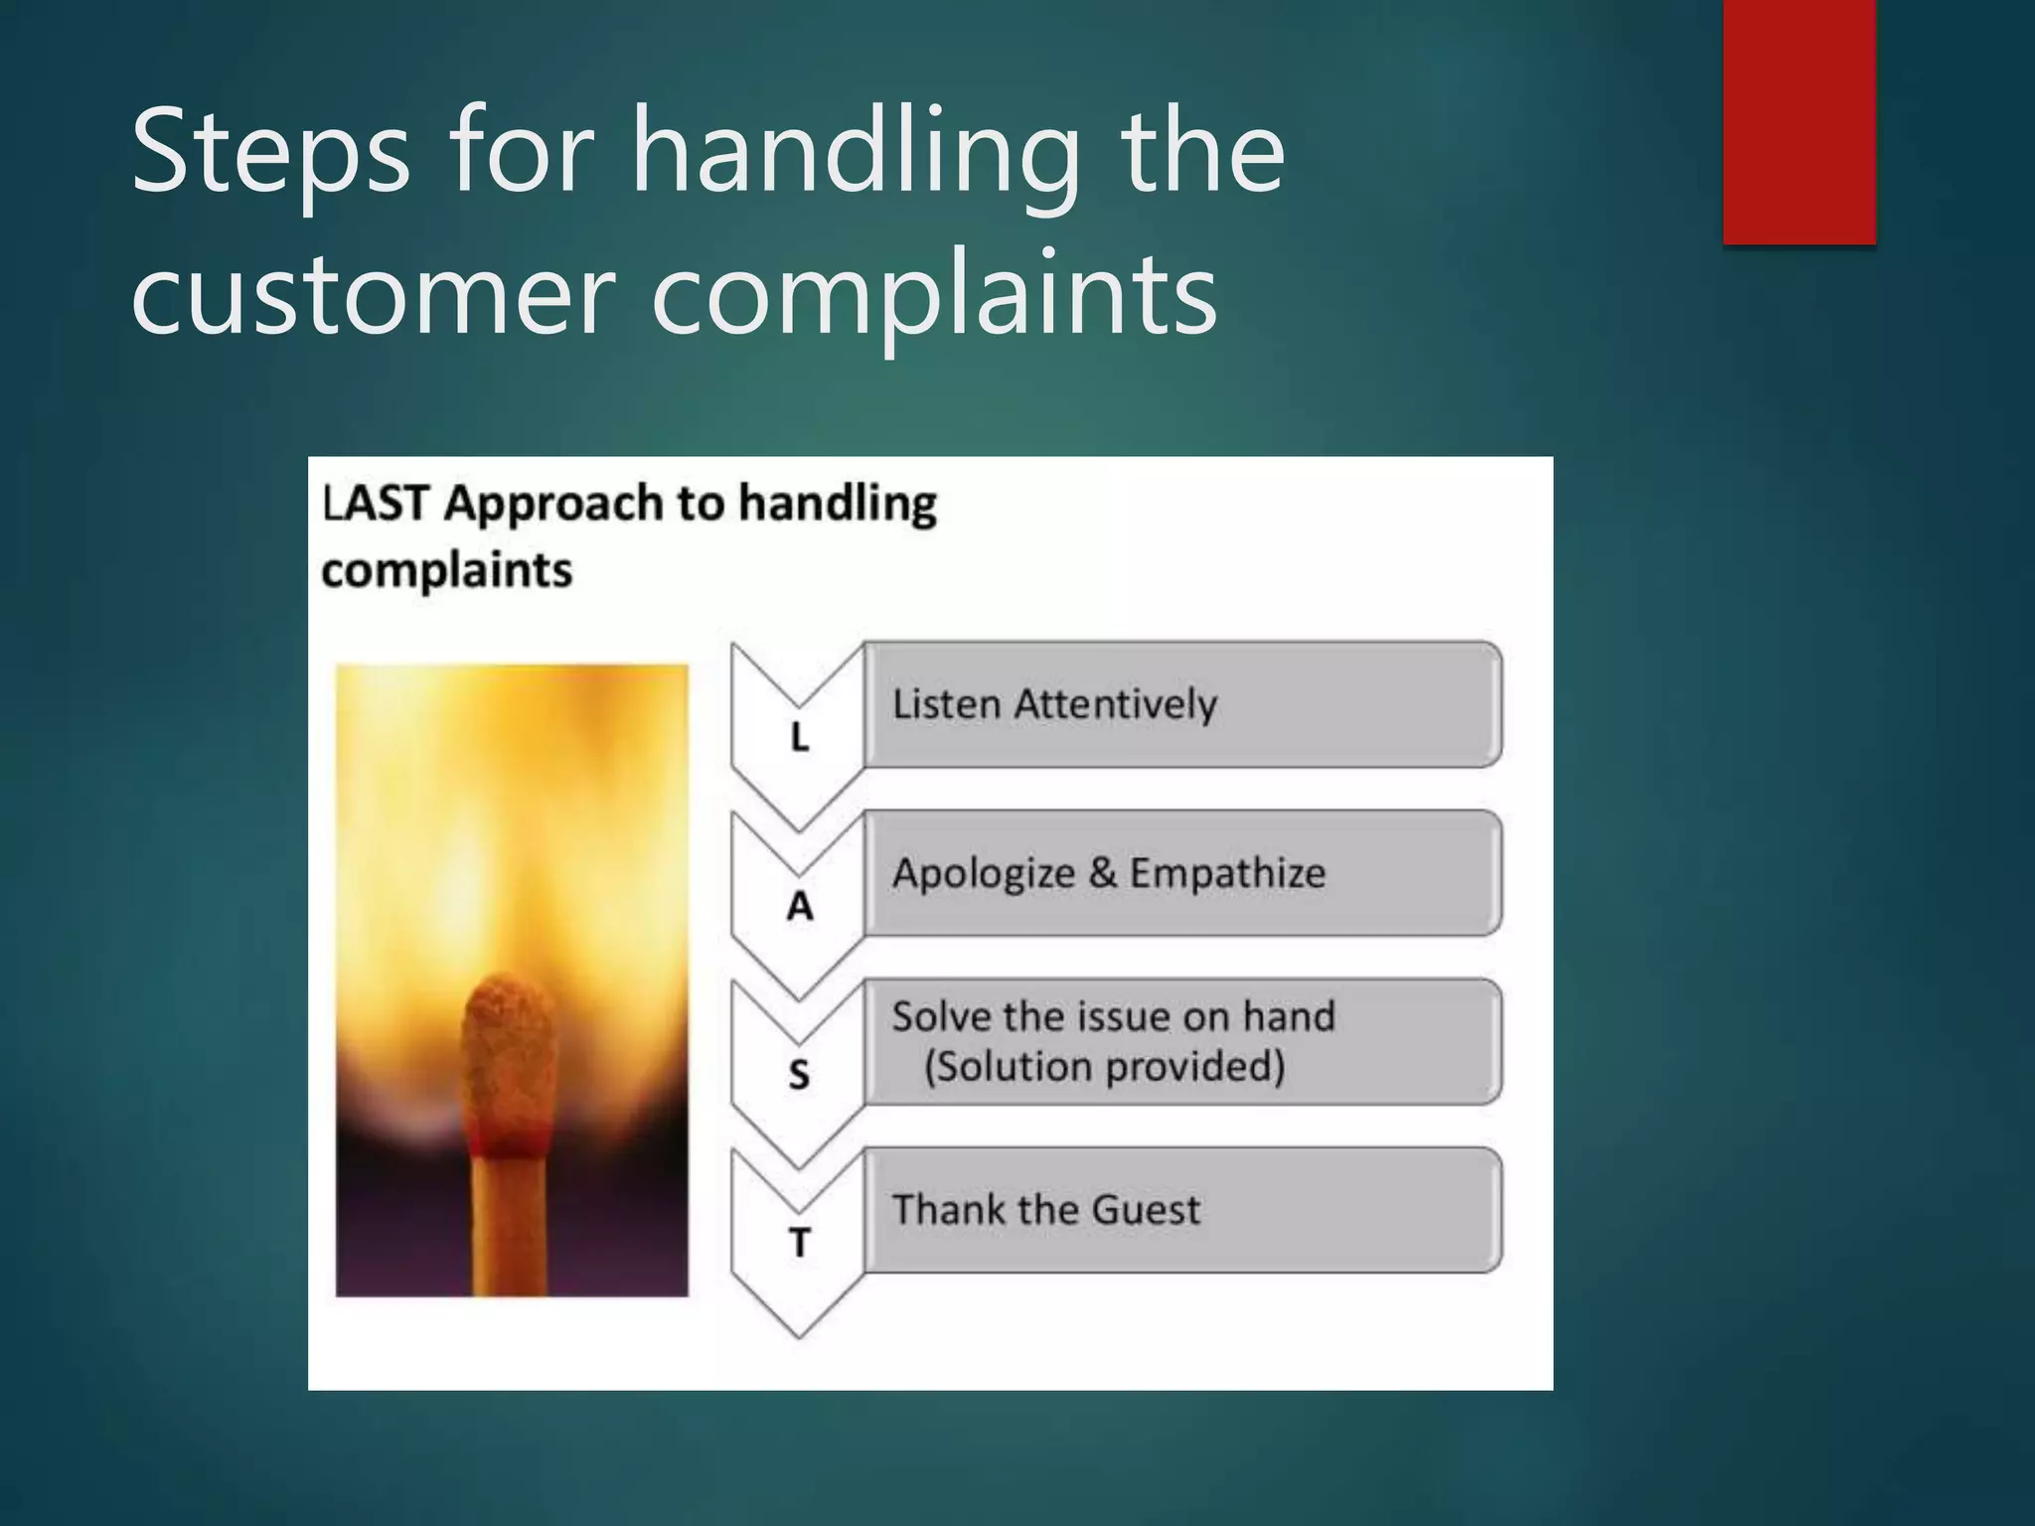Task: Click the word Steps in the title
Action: pyautogui.click(x=269, y=154)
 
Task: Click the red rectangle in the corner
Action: pyautogui.click(x=1799, y=119)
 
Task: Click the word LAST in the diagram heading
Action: pyautogui.click(x=376, y=503)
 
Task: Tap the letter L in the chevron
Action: pyautogui.click(x=799, y=737)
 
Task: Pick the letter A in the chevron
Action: pyautogui.click(x=799, y=906)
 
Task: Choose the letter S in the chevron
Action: pyautogui.click(x=799, y=1075)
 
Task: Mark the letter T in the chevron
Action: pyautogui.click(x=799, y=1243)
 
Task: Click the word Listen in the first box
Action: pyautogui.click(x=946, y=704)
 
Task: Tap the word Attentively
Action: pyautogui.click(x=1116, y=704)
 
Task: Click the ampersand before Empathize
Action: pyautogui.click(x=1102, y=873)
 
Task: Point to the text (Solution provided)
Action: pyautogui.click(x=1104, y=1067)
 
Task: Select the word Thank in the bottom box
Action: pyautogui.click(x=949, y=1210)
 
